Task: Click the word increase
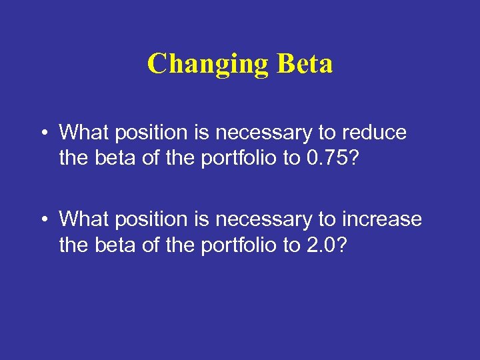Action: (x=381, y=219)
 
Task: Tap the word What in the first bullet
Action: (x=85, y=133)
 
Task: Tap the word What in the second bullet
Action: (x=85, y=219)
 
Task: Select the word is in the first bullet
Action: (x=201, y=133)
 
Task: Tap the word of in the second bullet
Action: (x=151, y=246)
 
